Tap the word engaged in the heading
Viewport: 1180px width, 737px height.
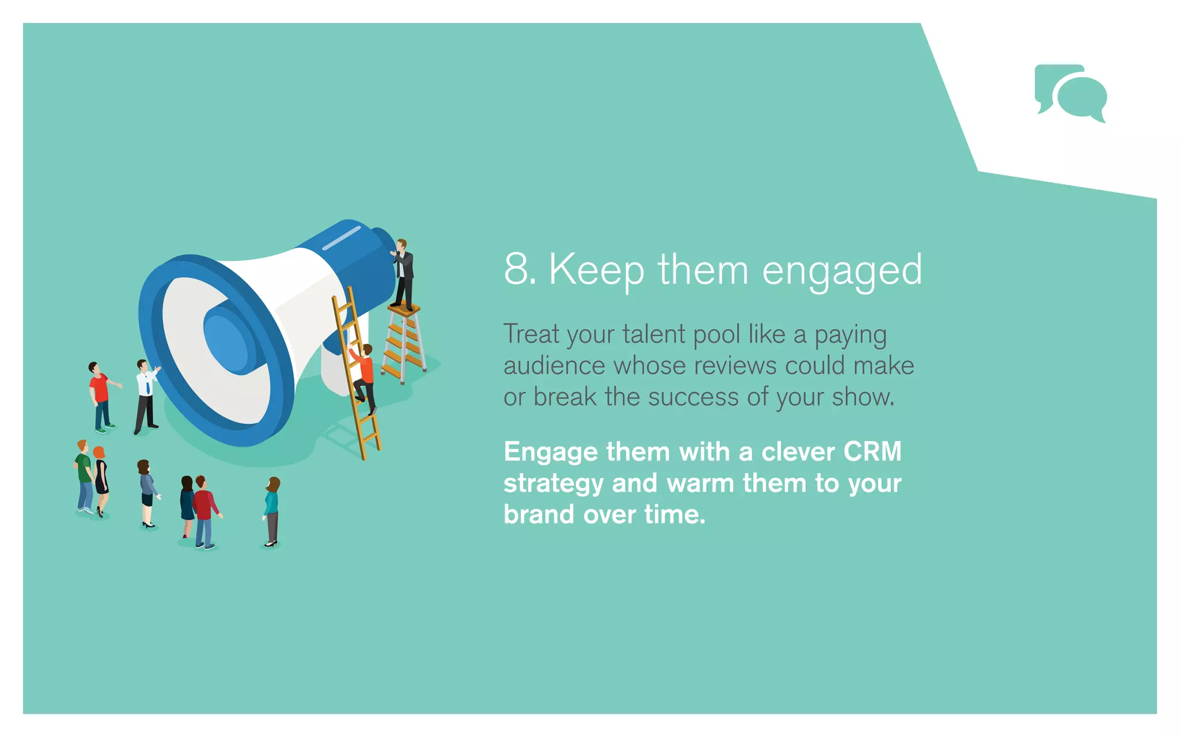842,271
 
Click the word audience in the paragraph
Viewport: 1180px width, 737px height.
554,366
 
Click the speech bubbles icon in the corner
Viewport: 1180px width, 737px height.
1071,93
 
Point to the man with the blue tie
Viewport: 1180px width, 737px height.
146,396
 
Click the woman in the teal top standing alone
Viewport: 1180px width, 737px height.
271,510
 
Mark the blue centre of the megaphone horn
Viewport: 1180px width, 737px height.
226,341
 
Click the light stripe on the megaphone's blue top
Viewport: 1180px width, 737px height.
341,238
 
